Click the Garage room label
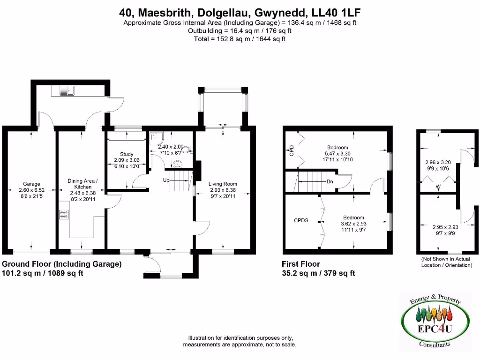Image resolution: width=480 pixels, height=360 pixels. (32, 184)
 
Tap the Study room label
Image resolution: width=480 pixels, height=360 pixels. (127, 154)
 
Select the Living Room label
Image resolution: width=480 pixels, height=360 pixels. (223, 184)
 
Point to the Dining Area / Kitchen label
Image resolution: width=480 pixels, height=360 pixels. (83, 184)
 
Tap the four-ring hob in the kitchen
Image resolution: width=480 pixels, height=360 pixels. (64, 215)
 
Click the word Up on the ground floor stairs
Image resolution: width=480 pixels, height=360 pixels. (166, 180)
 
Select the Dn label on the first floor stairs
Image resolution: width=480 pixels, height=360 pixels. (330, 181)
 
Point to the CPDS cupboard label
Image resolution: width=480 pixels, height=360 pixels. (301, 220)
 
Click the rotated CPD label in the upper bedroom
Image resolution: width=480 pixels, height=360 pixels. (291, 150)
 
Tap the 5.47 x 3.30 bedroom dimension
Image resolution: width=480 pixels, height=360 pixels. (338, 153)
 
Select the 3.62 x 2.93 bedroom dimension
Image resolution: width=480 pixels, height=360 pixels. (353, 224)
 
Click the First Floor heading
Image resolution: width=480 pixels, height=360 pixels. (301, 264)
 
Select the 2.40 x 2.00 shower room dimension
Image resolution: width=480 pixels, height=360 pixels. (167, 146)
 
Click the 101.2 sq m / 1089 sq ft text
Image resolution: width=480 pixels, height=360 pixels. (43, 273)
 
